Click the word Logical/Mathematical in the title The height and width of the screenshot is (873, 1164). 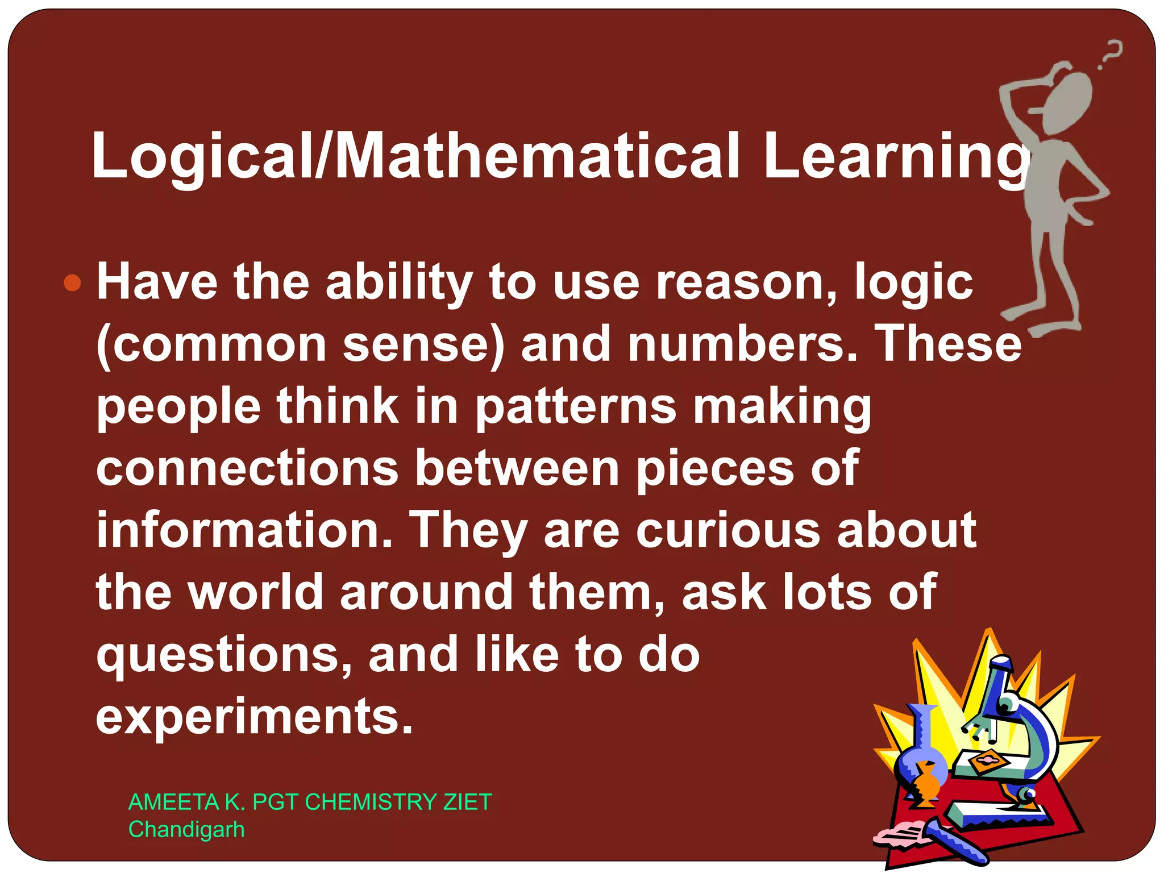[415, 156]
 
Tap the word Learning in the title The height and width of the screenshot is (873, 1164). [895, 156]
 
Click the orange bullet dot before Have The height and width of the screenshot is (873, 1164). [73, 282]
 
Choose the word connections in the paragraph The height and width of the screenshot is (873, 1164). [247, 468]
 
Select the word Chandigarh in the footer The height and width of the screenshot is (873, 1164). [186, 830]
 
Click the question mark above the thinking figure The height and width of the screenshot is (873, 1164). [1111, 54]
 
